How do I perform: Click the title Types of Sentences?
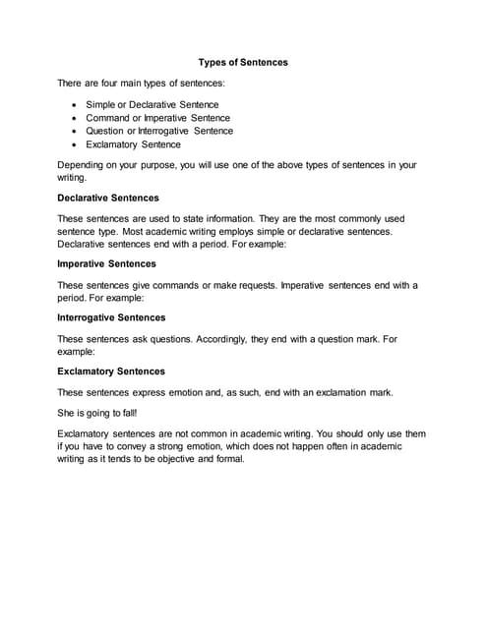pyautogui.click(x=243, y=62)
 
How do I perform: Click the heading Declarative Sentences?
pyautogui.click(x=108, y=198)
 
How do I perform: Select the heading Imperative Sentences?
pyautogui.click(x=106, y=263)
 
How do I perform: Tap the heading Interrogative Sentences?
pyautogui.click(x=111, y=317)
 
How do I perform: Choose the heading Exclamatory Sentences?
pyautogui.click(x=111, y=372)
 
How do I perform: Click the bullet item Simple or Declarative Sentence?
pyautogui.click(x=152, y=104)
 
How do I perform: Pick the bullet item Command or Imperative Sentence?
pyautogui.click(x=157, y=118)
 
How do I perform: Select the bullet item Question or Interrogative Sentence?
pyautogui.click(x=159, y=131)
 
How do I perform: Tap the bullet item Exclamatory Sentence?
pyautogui.click(x=133, y=144)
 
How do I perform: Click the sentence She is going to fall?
pyautogui.click(x=97, y=413)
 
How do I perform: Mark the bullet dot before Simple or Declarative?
pyautogui.click(x=76, y=104)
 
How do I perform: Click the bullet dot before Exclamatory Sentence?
pyautogui.click(x=76, y=144)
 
